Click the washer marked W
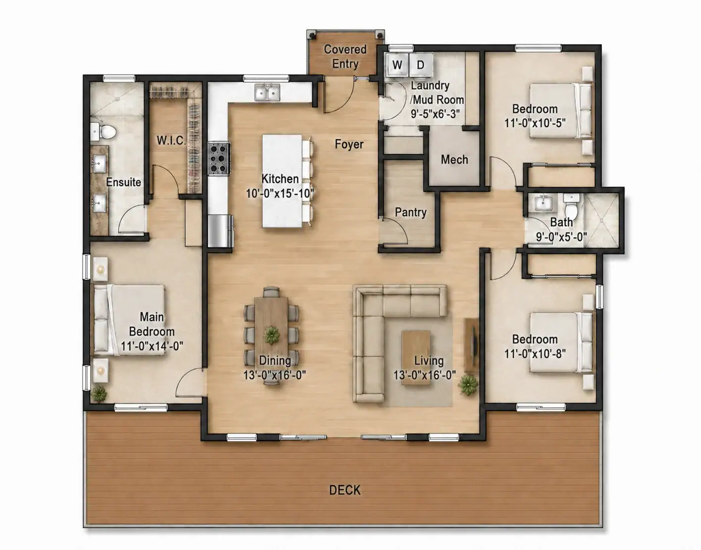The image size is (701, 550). click(x=398, y=65)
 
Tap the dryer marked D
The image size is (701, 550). click(x=421, y=65)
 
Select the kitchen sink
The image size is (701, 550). click(x=267, y=93)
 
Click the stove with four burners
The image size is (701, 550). click(x=219, y=159)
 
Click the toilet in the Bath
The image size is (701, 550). click(x=571, y=206)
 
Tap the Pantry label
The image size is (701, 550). click(x=411, y=212)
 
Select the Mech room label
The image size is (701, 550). click(x=454, y=159)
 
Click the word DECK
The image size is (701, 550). click(x=345, y=490)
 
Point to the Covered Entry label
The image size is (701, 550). click(x=345, y=56)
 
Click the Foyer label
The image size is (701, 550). click(x=349, y=144)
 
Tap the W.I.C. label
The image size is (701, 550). click(x=171, y=140)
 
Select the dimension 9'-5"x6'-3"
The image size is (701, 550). click(x=435, y=114)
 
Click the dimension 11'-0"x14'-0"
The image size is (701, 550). click(x=152, y=346)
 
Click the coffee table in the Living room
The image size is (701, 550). click(x=416, y=357)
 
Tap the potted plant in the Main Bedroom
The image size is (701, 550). click(x=99, y=394)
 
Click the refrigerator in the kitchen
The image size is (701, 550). click(x=220, y=231)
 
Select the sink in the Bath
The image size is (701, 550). click(x=544, y=203)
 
